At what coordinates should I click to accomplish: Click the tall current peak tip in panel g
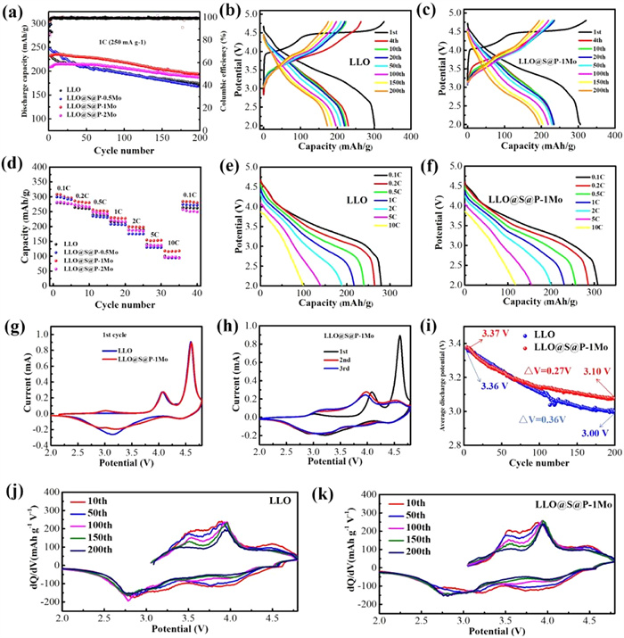(x=191, y=343)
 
